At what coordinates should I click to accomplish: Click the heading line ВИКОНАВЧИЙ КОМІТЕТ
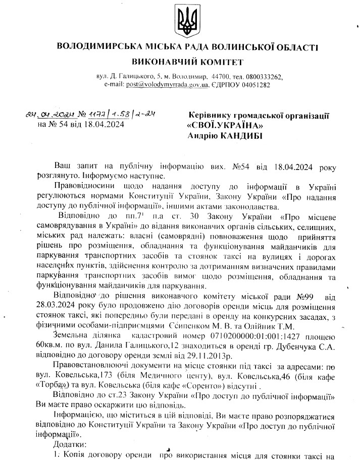pos(187,62)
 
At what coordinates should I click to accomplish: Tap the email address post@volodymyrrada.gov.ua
pos(167,85)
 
